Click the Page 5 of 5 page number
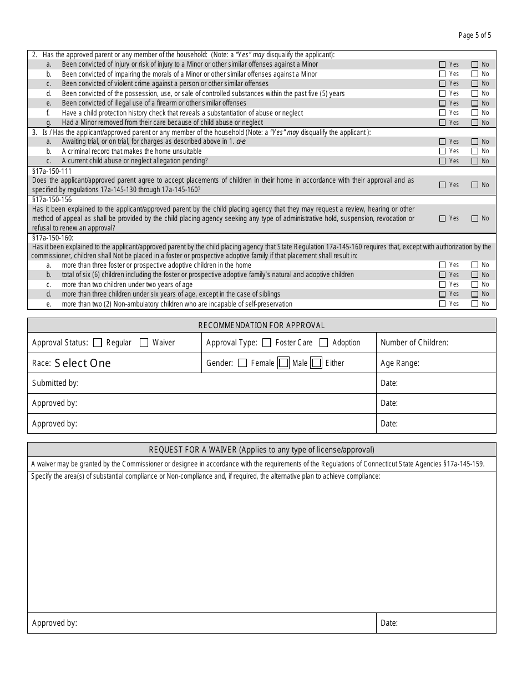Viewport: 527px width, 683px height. click(475, 36)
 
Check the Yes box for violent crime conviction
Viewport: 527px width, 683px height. click(443, 84)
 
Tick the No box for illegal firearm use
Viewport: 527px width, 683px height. click(475, 103)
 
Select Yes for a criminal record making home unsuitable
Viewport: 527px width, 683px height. click(443, 151)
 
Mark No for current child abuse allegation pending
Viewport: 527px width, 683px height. click(475, 161)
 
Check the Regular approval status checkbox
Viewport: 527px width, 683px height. click(98, 343)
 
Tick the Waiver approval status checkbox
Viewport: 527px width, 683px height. click(144, 343)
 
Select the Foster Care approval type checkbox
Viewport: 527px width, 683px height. click(267, 343)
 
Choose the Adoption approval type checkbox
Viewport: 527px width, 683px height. click(324, 343)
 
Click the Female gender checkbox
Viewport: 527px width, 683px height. click(242, 363)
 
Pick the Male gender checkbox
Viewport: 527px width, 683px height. click(283, 363)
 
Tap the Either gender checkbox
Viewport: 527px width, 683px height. click(317, 363)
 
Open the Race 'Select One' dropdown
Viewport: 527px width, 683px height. click(83, 363)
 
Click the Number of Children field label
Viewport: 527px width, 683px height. click(414, 343)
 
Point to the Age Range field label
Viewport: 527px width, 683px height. click(400, 363)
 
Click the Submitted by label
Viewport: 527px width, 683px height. click(55, 383)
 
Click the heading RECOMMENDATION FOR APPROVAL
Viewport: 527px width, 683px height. click(262, 325)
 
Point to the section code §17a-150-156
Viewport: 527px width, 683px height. click(52, 199)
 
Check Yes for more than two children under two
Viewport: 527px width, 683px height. click(443, 284)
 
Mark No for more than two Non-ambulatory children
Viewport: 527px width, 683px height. click(475, 304)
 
